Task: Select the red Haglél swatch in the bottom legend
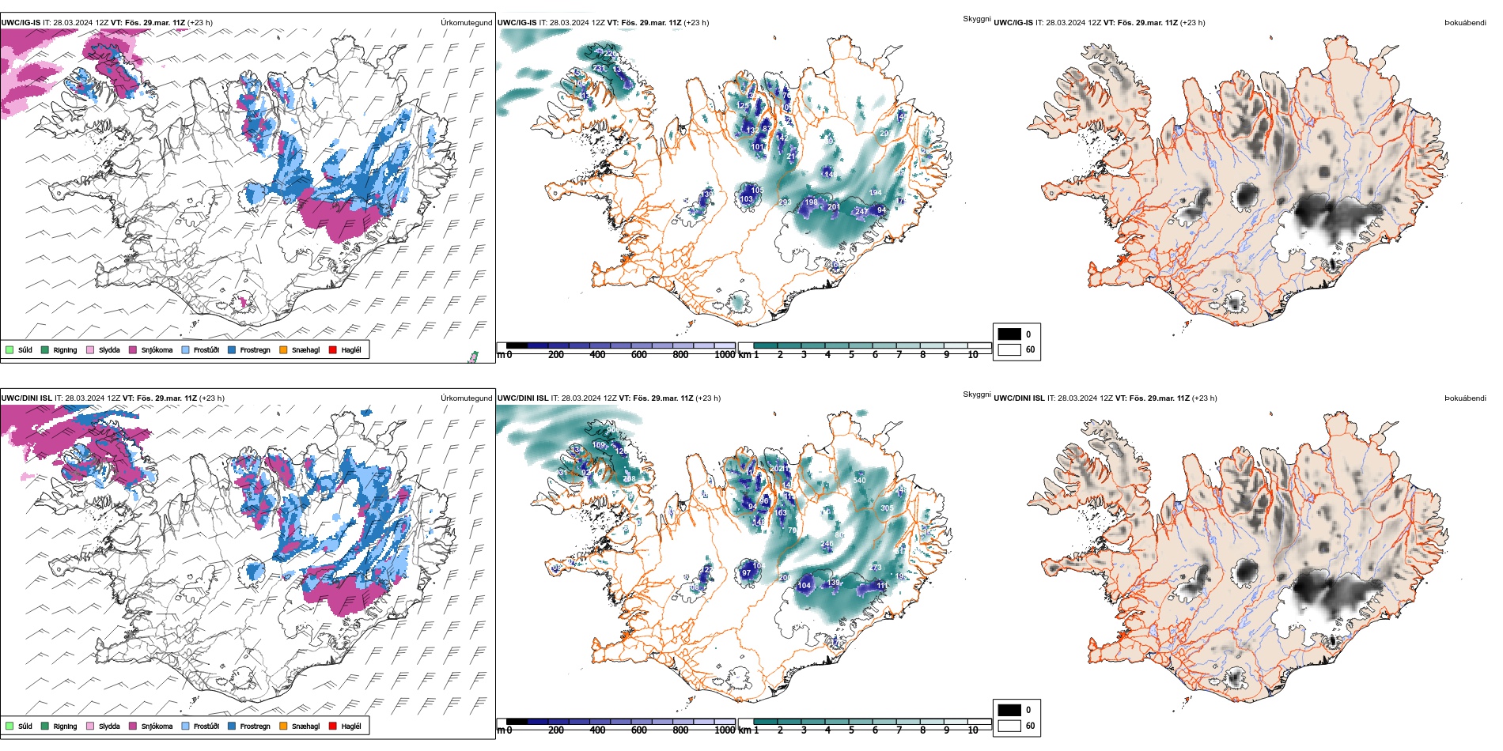click(333, 726)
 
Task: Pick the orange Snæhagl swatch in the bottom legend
click(283, 726)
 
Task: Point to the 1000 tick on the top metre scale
click(725, 355)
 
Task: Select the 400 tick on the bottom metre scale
click(597, 730)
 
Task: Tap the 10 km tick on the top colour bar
click(973, 355)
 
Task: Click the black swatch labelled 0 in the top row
click(1009, 334)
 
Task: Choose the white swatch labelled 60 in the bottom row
click(1009, 726)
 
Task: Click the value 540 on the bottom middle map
click(859, 480)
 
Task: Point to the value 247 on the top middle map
click(861, 212)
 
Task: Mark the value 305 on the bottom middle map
click(887, 508)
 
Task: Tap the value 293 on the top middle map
click(785, 202)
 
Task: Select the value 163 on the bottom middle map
click(781, 513)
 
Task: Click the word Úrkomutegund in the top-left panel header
click(466, 23)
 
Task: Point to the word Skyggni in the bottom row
click(976, 394)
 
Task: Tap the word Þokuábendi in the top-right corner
click(1465, 23)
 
